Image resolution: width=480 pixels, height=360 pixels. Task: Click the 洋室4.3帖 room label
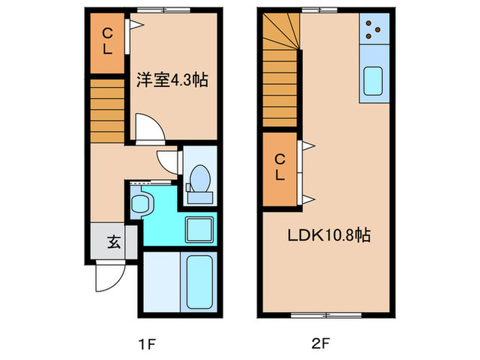tap(171, 80)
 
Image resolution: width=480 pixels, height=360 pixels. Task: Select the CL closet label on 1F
tap(108, 40)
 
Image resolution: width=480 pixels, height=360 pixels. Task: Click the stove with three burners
tap(374, 27)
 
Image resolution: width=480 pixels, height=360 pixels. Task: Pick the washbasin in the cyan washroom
tap(142, 203)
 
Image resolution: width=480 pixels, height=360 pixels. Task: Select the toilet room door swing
tap(168, 160)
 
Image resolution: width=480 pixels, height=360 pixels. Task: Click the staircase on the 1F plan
tap(107, 110)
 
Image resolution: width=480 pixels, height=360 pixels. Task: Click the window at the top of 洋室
tap(163, 10)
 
